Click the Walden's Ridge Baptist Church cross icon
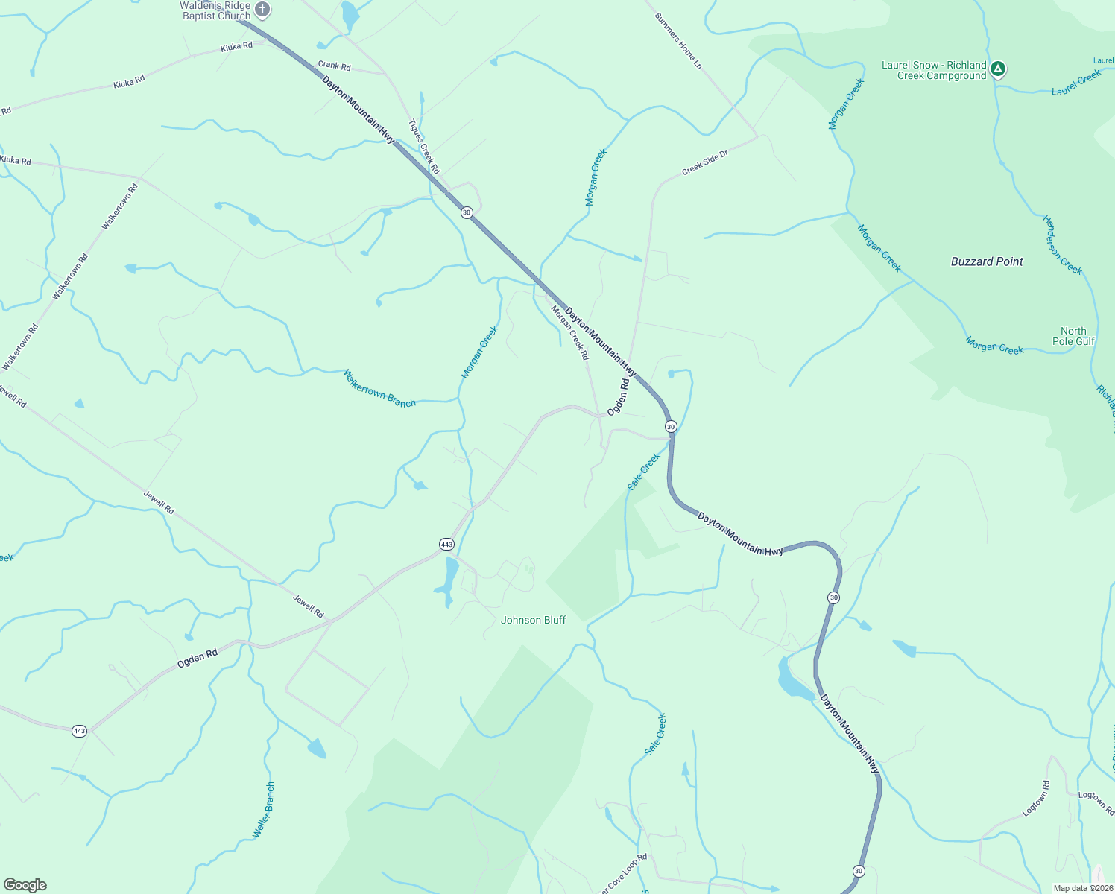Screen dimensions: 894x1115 (262, 10)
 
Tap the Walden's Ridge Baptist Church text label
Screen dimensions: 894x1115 (216, 10)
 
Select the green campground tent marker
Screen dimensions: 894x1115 (998, 69)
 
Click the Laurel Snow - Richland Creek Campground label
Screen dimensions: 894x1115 (934, 70)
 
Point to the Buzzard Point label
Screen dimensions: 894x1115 (987, 261)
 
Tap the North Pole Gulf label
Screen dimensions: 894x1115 (1073, 336)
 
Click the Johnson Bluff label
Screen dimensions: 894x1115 (533, 620)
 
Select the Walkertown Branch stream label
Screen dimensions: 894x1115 (379, 388)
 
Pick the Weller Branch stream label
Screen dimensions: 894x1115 (264, 810)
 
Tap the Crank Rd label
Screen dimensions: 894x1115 (334, 66)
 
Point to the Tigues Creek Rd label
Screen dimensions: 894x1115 (424, 146)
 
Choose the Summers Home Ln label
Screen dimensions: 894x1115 (678, 41)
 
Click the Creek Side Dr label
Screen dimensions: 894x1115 (704, 163)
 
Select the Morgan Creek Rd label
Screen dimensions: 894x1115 (570, 332)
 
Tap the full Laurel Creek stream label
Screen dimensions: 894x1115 (1076, 83)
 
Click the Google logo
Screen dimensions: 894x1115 (25, 885)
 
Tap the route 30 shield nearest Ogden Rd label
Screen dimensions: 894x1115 (671, 427)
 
